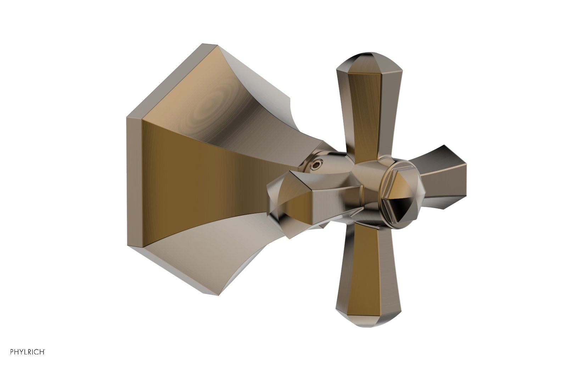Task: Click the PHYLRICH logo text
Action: tap(28, 352)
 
